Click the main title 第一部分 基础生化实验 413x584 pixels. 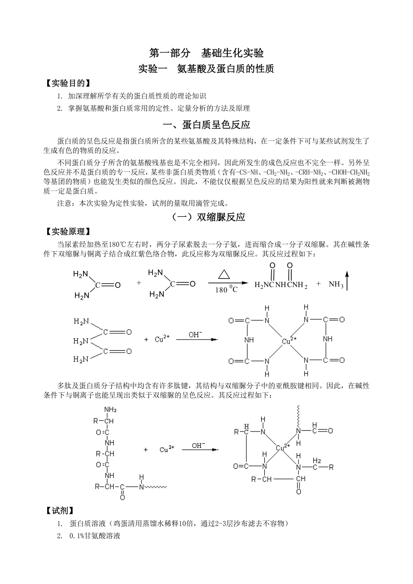click(x=206, y=53)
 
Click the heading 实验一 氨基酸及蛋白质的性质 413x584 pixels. click(x=206, y=69)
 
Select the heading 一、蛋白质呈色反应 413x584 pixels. click(x=206, y=125)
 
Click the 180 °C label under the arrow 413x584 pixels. click(x=226, y=290)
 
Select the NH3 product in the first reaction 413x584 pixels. click(x=336, y=284)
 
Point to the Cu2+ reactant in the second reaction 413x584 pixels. click(x=162, y=340)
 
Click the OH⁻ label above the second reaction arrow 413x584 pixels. click(x=195, y=334)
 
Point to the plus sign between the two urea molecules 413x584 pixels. click(x=139, y=283)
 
